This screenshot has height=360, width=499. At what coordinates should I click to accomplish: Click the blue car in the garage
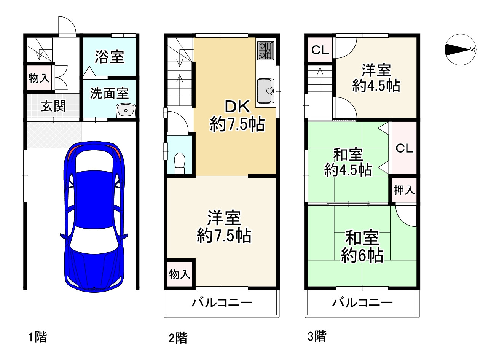[x=94, y=217]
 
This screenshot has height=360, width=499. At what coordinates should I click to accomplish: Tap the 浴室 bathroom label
[x=109, y=57]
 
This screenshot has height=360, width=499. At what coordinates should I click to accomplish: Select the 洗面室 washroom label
[x=109, y=93]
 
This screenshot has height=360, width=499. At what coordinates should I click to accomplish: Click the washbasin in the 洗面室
[x=126, y=110]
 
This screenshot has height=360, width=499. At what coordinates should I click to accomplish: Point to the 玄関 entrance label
[x=53, y=106]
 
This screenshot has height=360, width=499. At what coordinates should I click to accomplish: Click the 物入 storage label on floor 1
[x=39, y=78]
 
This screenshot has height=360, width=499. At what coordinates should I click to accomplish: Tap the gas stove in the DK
[x=266, y=51]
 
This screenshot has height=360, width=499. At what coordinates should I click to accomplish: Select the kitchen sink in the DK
[x=266, y=91]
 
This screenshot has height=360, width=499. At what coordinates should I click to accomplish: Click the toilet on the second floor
[x=180, y=163]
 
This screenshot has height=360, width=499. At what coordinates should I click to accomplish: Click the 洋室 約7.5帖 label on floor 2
[x=224, y=226]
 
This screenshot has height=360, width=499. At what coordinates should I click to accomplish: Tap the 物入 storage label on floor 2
[x=179, y=274]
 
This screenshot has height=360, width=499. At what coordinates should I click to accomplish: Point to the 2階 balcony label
[x=222, y=303]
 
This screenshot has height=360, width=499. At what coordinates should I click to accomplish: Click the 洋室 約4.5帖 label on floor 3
[x=376, y=78]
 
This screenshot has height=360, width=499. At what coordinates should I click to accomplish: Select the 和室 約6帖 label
[x=362, y=247]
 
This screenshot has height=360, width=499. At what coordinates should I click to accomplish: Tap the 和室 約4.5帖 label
[x=348, y=162]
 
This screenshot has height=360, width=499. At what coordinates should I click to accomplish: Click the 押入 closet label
[x=404, y=190]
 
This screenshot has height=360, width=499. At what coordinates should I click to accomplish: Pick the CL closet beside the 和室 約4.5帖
[x=404, y=148]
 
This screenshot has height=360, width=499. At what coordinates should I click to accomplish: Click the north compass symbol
[x=461, y=49]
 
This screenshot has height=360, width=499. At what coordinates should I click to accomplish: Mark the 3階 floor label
[x=317, y=336]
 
